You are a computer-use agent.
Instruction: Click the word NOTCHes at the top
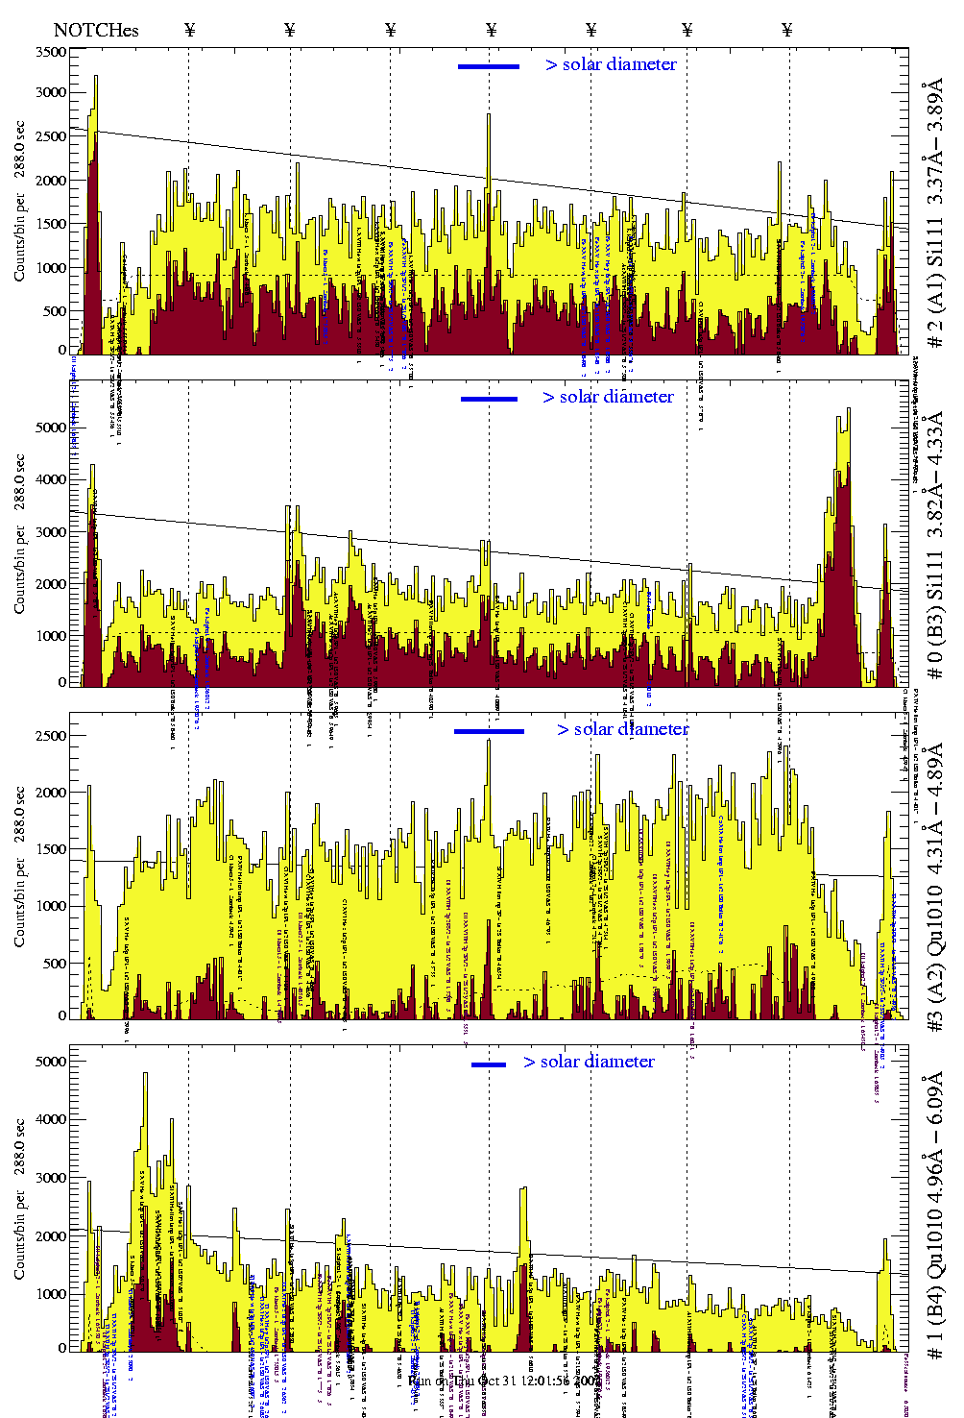point(96,30)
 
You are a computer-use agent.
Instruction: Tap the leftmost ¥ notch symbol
point(189,30)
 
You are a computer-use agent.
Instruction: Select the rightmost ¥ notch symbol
point(787,30)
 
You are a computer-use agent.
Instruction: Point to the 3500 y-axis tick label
point(52,52)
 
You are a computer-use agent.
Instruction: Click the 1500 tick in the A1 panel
point(52,224)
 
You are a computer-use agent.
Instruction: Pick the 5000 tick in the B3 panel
point(52,428)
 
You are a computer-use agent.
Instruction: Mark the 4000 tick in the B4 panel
point(52,1119)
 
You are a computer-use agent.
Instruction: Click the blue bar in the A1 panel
point(489,66)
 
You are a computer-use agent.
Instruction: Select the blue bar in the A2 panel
point(489,731)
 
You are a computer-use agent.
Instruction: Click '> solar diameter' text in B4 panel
point(589,1062)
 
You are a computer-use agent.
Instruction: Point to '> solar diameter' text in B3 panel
point(608,397)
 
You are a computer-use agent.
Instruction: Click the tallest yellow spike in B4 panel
point(145,1075)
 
